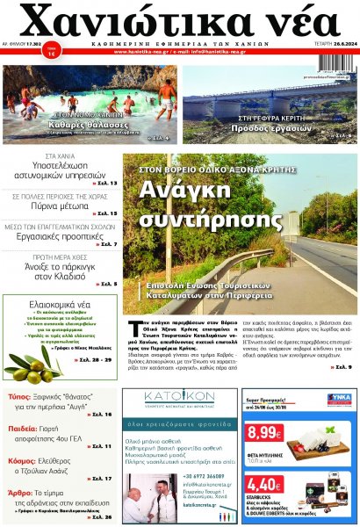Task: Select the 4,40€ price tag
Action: click(263, 484)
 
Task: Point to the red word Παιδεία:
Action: click(26, 429)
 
